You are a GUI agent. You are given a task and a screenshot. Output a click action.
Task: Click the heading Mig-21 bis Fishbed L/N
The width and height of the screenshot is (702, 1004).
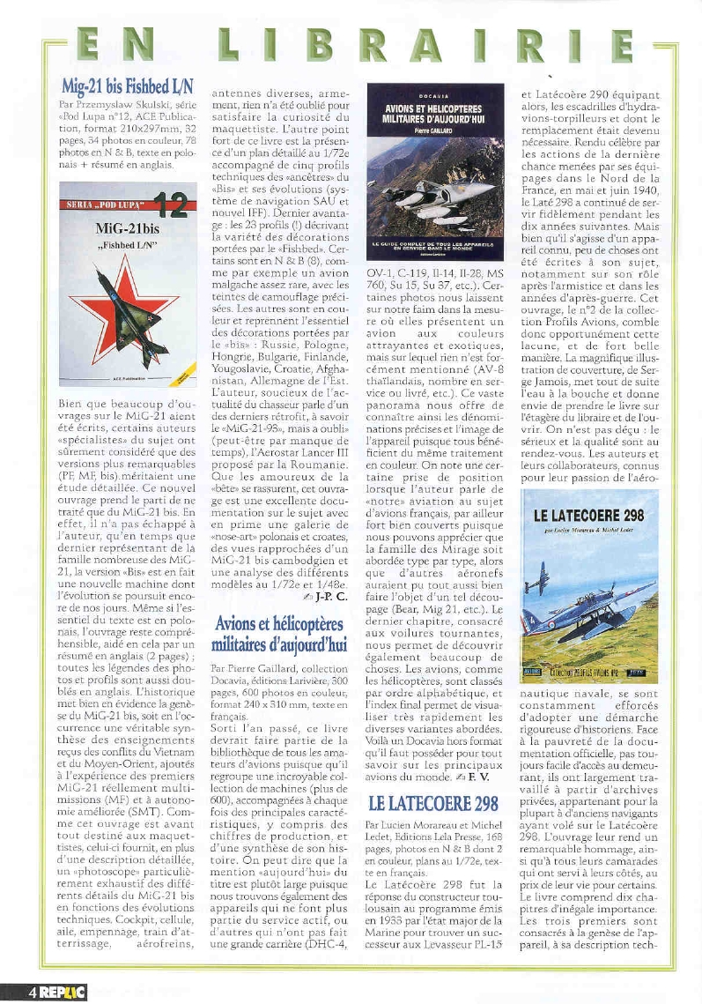click(128, 86)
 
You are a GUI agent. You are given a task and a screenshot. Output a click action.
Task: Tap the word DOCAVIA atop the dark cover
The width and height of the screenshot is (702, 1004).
click(435, 93)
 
